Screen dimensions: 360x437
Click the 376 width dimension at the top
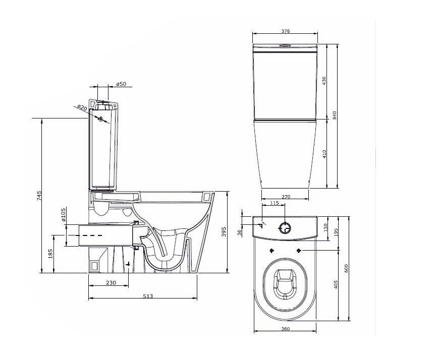285,31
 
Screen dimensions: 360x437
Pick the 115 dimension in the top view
275,203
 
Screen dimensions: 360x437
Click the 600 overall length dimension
346,269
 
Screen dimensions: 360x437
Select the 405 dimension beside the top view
335,284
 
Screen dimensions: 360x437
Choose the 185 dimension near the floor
49,254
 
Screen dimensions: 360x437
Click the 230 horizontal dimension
111,283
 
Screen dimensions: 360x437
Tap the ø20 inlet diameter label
82,107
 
